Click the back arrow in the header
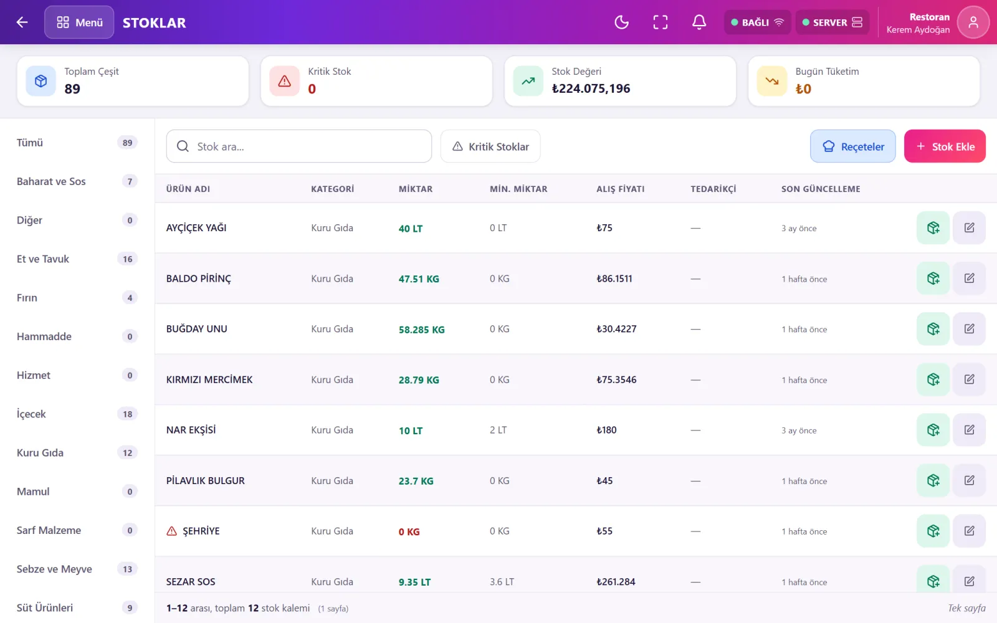22,22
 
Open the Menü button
79,22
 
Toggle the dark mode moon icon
621,22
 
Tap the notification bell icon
699,22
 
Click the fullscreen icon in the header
660,22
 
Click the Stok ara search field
298,146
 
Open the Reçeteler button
853,146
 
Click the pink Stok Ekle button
945,146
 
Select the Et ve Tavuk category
43,259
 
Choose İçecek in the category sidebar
31,414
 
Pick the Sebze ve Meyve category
54,569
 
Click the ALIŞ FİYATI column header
621,189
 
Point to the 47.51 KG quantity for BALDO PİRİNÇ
419,279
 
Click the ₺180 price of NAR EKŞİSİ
606,430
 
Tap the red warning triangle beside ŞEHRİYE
171,531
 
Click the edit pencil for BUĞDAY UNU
969,329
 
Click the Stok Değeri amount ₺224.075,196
591,89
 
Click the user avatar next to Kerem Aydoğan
973,22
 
